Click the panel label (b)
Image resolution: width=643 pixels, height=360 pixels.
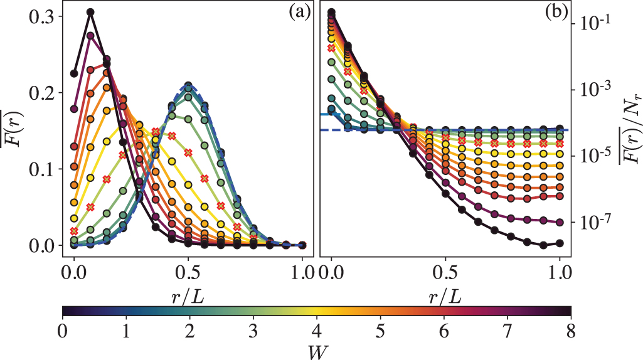point(556,12)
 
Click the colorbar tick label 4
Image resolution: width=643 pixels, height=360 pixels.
point(316,329)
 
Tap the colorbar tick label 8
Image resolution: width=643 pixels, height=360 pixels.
point(570,329)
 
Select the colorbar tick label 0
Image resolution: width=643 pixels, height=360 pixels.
point(62,329)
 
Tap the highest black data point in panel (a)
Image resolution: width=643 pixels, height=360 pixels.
point(90,12)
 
